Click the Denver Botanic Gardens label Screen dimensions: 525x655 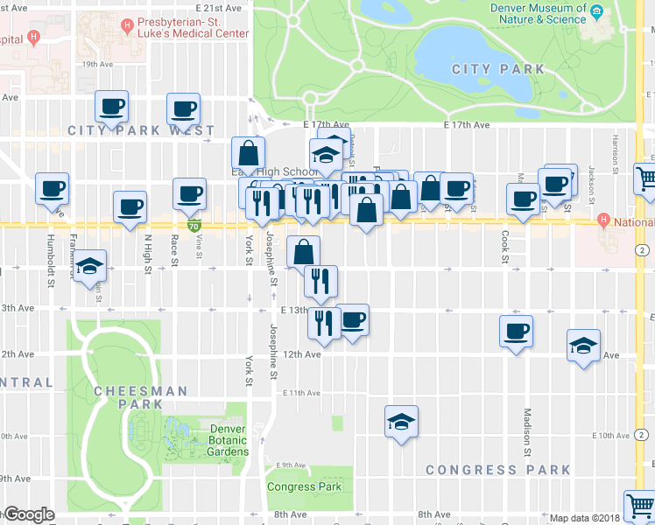pyautogui.click(x=228, y=440)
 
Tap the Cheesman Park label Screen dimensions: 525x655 pyautogui.click(x=128, y=398)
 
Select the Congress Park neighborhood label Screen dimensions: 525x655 pyautogui.click(x=497, y=470)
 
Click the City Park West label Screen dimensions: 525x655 pyautogui.click(x=141, y=130)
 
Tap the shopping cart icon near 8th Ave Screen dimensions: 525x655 pyautogui.click(x=639, y=506)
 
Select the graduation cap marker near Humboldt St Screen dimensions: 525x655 pyautogui.click(x=89, y=266)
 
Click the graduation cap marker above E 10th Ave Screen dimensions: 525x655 pyautogui.click(x=401, y=423)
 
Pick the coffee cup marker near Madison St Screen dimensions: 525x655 pyautogui.click(x=516, y=332)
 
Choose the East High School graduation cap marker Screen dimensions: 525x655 pyautogui.click(x=327, y=154)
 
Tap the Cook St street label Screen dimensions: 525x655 pyautogui.click(x=505, y=247)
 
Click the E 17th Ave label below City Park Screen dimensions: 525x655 pyautogui.click(x=467, y=125)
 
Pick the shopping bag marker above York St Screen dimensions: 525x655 pyautogui.click(x=249, y=154)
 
